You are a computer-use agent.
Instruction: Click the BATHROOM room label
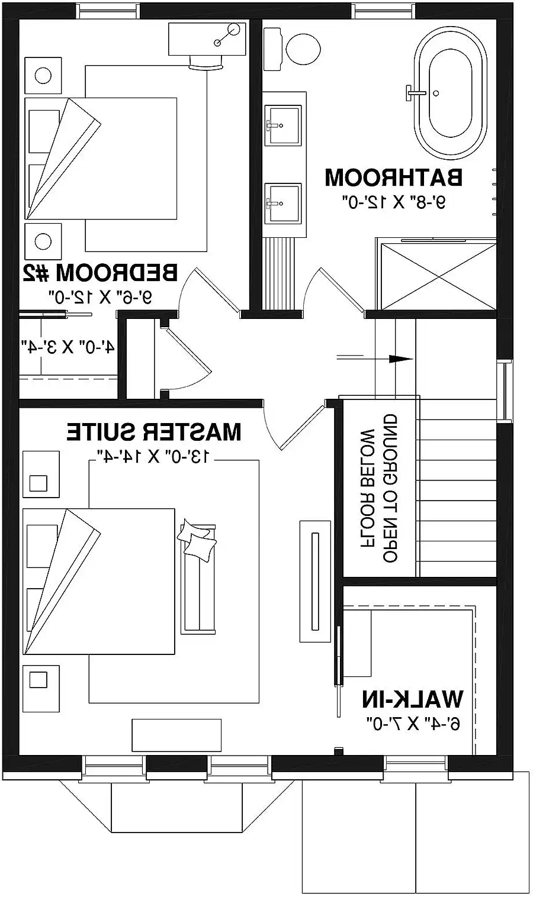393,177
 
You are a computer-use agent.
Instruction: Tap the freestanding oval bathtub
450,93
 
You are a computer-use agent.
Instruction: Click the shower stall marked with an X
437,276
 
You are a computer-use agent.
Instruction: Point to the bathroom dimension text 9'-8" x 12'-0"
394,202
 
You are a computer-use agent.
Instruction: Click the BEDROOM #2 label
100,273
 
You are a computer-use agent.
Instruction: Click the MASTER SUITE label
154,432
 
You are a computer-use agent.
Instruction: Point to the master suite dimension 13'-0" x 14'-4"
153,455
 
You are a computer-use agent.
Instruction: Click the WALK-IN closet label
413,699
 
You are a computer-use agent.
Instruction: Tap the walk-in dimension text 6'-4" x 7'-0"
413,722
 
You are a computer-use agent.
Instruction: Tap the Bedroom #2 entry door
207,290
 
